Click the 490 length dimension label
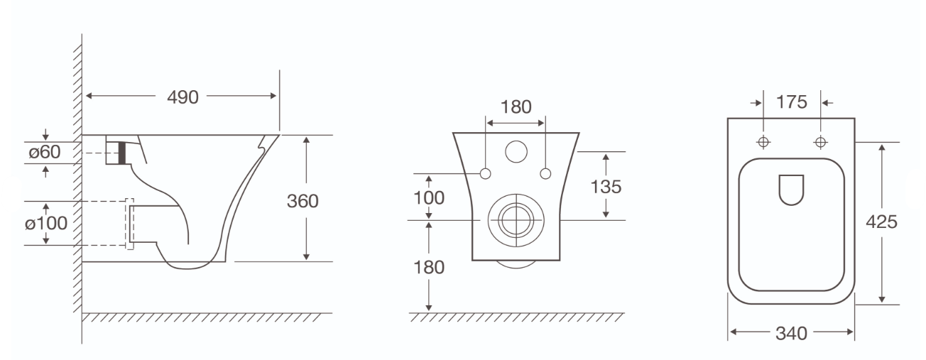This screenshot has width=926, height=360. point(183,97)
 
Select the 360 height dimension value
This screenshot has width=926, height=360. point(303,201)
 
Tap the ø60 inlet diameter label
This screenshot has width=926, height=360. point(45,152)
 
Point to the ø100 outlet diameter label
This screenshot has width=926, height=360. point(46,224)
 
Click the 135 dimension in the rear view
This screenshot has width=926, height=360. point(606,187)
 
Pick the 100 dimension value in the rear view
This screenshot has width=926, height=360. point(429,198)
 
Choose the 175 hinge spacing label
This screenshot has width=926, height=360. point(792,102)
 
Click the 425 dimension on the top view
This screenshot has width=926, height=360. point(881,222)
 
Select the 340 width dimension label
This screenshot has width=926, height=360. point(791,333)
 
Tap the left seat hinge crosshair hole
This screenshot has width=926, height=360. point(763,142)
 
